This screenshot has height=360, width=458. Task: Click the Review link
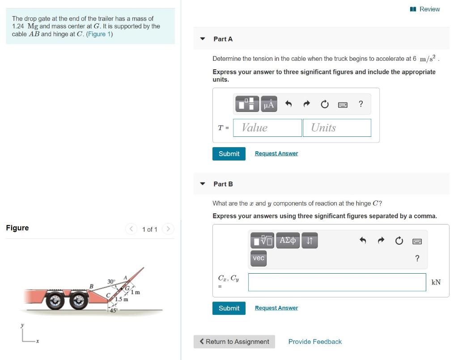425,9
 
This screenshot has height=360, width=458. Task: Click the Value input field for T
267,127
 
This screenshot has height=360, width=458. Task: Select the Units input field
337,127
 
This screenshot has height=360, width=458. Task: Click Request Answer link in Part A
276,153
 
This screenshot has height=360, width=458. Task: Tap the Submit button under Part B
229,308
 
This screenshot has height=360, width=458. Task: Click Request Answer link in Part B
276,308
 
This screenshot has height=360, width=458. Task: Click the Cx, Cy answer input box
337,282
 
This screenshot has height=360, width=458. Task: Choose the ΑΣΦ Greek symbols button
288,240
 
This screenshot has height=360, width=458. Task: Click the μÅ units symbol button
269,104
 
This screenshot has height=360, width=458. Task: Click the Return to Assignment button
234,342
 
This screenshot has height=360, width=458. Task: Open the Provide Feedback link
315,342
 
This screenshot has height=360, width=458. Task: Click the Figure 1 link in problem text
99,34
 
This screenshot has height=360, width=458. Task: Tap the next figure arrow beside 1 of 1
168,229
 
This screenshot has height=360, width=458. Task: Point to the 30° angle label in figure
111,281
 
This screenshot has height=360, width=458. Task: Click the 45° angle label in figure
114,310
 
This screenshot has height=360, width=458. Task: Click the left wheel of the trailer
55,301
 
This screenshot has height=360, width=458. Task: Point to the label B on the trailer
91,286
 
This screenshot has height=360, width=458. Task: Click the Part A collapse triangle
203,39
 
